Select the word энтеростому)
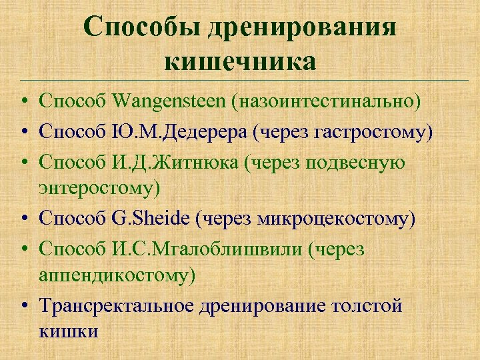tap(99, 188)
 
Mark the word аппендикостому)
tap(117, 275)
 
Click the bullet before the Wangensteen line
tap(23, 102)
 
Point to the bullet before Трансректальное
tap(23, 307)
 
